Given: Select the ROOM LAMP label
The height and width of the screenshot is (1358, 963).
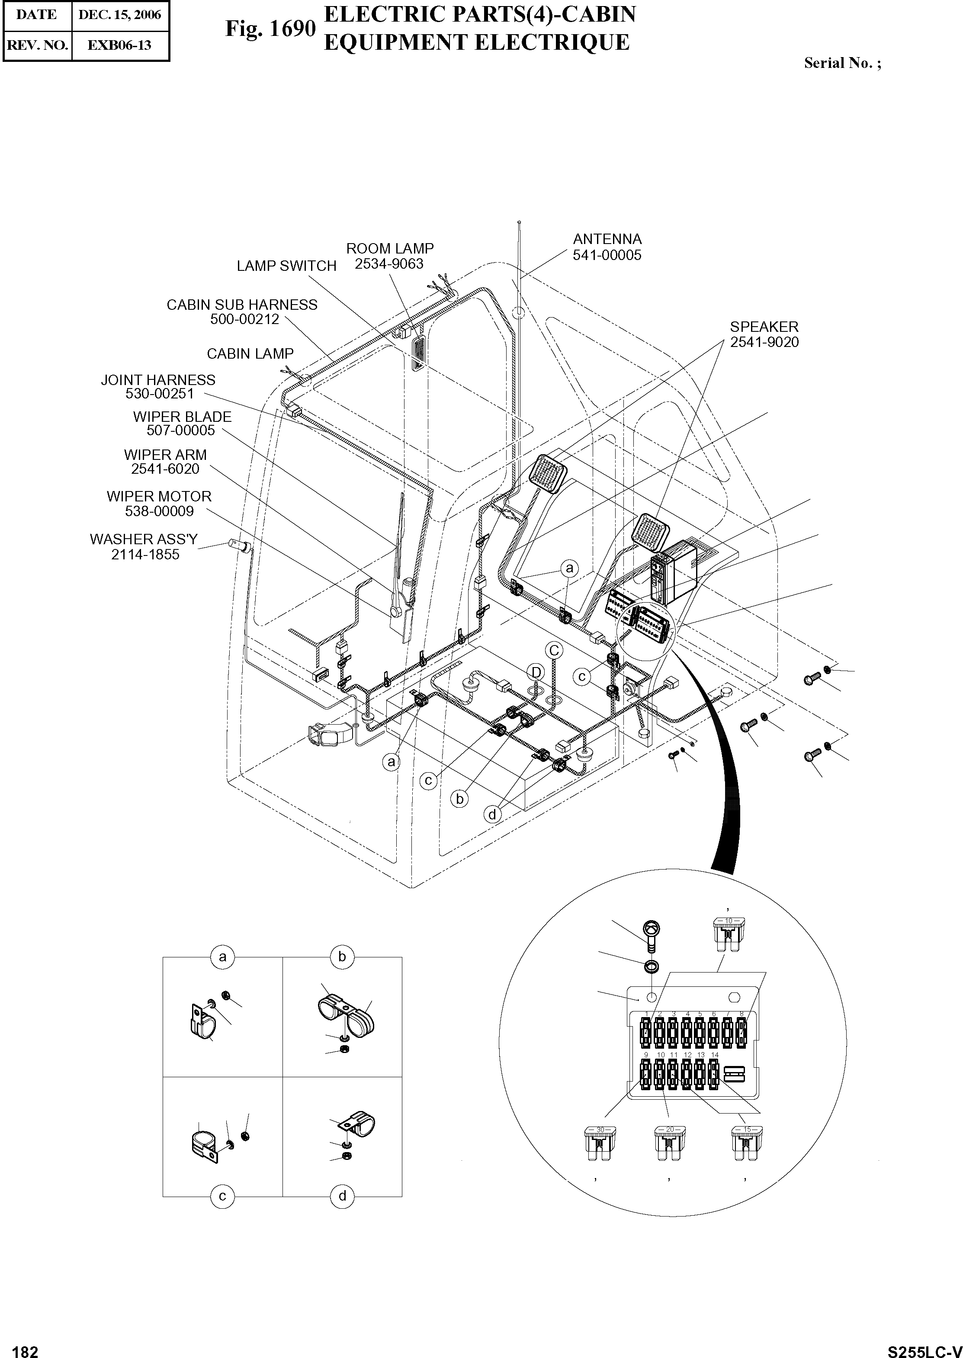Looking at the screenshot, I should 390,248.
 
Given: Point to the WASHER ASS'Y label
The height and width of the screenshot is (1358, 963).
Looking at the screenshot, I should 144,539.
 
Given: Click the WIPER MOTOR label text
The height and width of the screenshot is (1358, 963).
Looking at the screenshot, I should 159,496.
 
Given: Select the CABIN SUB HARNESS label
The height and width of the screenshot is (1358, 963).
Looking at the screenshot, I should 242,305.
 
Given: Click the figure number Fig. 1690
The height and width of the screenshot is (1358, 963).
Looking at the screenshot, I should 270,29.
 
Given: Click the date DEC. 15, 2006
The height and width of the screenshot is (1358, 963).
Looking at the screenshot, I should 119,15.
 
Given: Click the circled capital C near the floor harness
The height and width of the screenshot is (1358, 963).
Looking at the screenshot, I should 554,651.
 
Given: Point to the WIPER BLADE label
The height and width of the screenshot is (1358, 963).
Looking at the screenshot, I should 182,417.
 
